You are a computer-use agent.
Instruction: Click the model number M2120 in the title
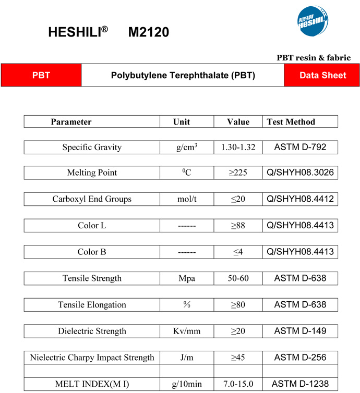tap(149, 32)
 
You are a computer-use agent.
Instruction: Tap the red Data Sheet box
tap(322, 75)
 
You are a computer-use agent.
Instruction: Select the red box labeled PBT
tap(41, 75)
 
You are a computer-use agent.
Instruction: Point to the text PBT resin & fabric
tap(313, 58)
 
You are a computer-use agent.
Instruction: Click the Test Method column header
tap(291, 122)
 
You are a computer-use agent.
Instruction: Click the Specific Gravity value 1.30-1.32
tap(238, 148)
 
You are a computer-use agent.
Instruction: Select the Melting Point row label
tap(92, 173)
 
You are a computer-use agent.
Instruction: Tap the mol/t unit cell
tap(186, 199)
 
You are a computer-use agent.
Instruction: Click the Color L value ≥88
tap(238, 226)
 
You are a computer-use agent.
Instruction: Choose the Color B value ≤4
tap(238, 252)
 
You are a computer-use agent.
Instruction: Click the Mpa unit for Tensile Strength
tap(186, 278)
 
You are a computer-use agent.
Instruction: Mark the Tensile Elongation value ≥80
tap(238, 304)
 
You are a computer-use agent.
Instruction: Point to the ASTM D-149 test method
tap(300, 331)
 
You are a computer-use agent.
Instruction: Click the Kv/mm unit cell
tap(186, 331)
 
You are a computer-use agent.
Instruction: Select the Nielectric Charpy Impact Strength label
tap(92, 358)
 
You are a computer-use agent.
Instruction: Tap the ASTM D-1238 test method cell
tap(300, 384)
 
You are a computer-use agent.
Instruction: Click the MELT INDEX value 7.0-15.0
tap(238, 384)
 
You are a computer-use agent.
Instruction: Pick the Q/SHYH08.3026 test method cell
tap(300, 173)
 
